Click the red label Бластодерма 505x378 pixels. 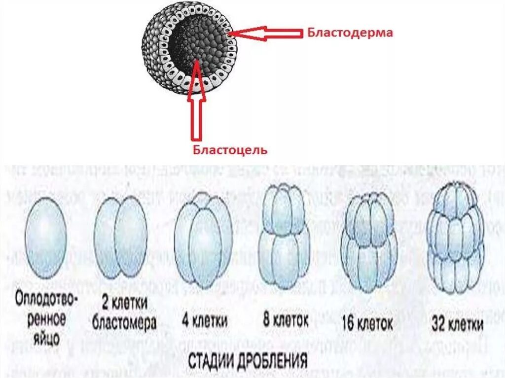(x=350, y=33)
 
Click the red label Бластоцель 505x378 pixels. (x=229, y=149)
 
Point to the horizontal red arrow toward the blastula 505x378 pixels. (x=266, y=34)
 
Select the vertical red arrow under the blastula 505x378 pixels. (x=196, y=103)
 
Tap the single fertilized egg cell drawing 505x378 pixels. (x=45, y=238)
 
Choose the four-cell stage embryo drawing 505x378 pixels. (x=202, y=239)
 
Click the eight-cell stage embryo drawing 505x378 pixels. (x=285, y=236)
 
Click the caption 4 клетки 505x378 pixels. (x=204, y=321)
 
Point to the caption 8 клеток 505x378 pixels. (x=286, y=320)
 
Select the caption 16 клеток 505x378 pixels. (x=367, y=323)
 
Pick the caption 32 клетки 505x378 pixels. (x=457, y=323)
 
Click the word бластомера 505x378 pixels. (x=124, y=323)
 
